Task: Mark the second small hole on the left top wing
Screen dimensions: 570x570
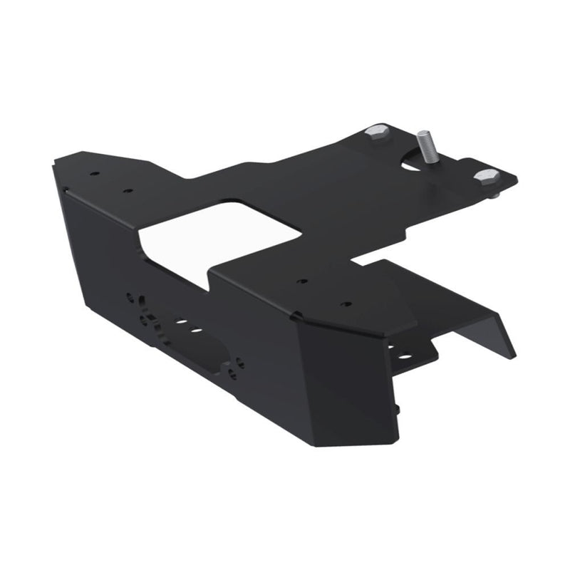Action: click(x=128, y=190)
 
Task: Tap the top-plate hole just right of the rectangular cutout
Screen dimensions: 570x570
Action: click(x=303, y=282)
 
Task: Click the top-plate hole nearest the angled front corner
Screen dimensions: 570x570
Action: click(x=346, y=304)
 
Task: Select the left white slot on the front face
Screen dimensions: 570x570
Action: click(x=182, y=322)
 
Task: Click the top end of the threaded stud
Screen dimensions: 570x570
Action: click(x=423, y=133)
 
